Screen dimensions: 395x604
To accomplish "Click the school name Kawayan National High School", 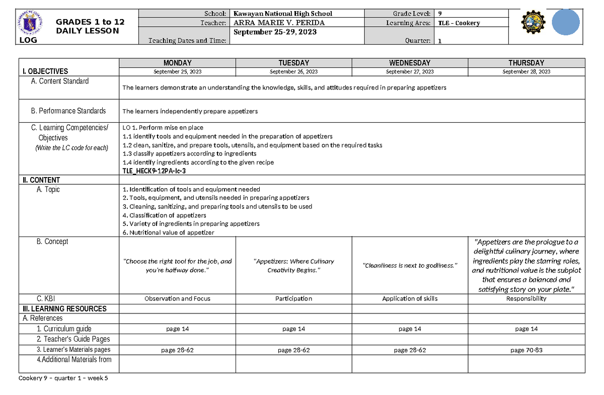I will (x=282, y=14).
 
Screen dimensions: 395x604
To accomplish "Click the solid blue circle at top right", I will (x=567, y=24).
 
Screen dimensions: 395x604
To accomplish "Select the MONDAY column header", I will (x=177, y=63).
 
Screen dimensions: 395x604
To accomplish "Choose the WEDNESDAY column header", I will (x=410, y=63).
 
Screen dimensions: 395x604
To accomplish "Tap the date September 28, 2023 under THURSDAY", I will (x=526, y=71).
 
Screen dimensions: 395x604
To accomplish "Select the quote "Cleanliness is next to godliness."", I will (x=410, y=265).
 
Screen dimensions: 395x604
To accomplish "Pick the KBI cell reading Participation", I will (x=293, y=298).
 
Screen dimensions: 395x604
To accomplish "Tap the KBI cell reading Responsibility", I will (x=526, y=298).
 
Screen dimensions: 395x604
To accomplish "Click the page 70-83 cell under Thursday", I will (x=526, y=350).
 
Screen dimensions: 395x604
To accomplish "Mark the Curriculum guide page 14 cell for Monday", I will (x=177, y=329).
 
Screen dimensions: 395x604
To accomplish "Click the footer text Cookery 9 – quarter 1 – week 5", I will (x=63, y=379).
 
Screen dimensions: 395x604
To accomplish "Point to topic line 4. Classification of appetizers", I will (x=164, y=215).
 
